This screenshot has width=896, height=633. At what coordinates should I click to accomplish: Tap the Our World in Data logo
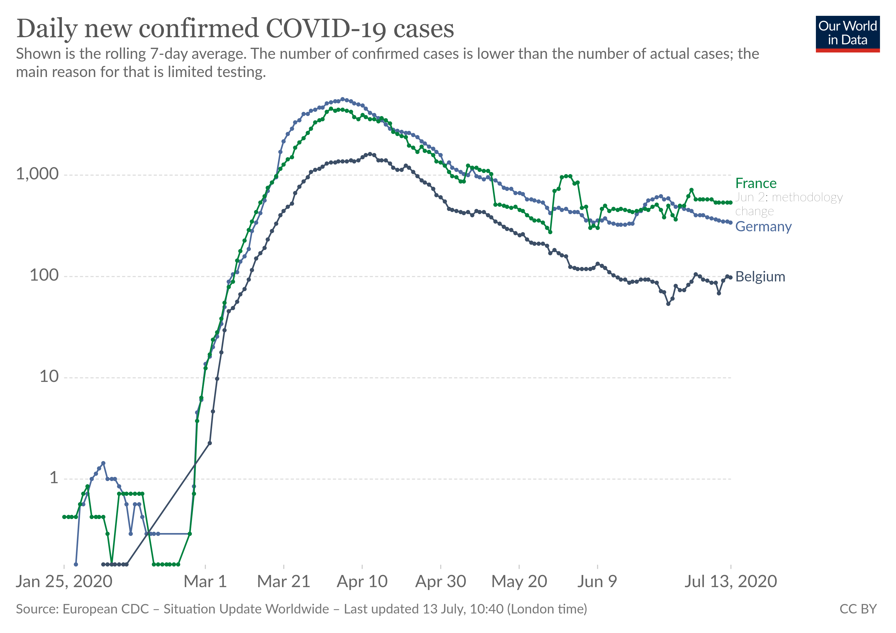tap(847, 33)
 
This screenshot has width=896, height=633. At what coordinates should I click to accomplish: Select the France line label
tap(756, 183)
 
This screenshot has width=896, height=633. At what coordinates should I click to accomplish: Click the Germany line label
tap(763, 227)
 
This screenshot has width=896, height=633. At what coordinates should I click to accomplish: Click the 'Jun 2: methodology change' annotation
tap(788, 204)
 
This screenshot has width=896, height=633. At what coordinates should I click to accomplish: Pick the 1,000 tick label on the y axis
tap(37, 174)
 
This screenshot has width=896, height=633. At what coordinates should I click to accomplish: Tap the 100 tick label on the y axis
tap(44, 275)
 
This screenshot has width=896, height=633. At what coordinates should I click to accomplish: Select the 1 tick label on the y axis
tap(54, 478)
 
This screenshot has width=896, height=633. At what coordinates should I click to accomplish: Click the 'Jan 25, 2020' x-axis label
tap(64, 582)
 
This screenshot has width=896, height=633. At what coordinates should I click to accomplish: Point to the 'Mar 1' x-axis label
tap(205, 582)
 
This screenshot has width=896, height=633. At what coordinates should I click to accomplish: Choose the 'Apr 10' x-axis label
tap(362, 582)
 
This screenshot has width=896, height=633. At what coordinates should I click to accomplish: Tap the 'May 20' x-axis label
tap(519, 582)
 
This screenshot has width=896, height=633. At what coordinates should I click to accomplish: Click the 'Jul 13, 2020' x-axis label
tap(731, 582)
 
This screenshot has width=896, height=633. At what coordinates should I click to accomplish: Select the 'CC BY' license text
tap(858, 609)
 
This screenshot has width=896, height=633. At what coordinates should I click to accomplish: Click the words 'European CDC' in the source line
tap(106, 609)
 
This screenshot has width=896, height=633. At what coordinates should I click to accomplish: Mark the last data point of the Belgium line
tap(731, 277)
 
